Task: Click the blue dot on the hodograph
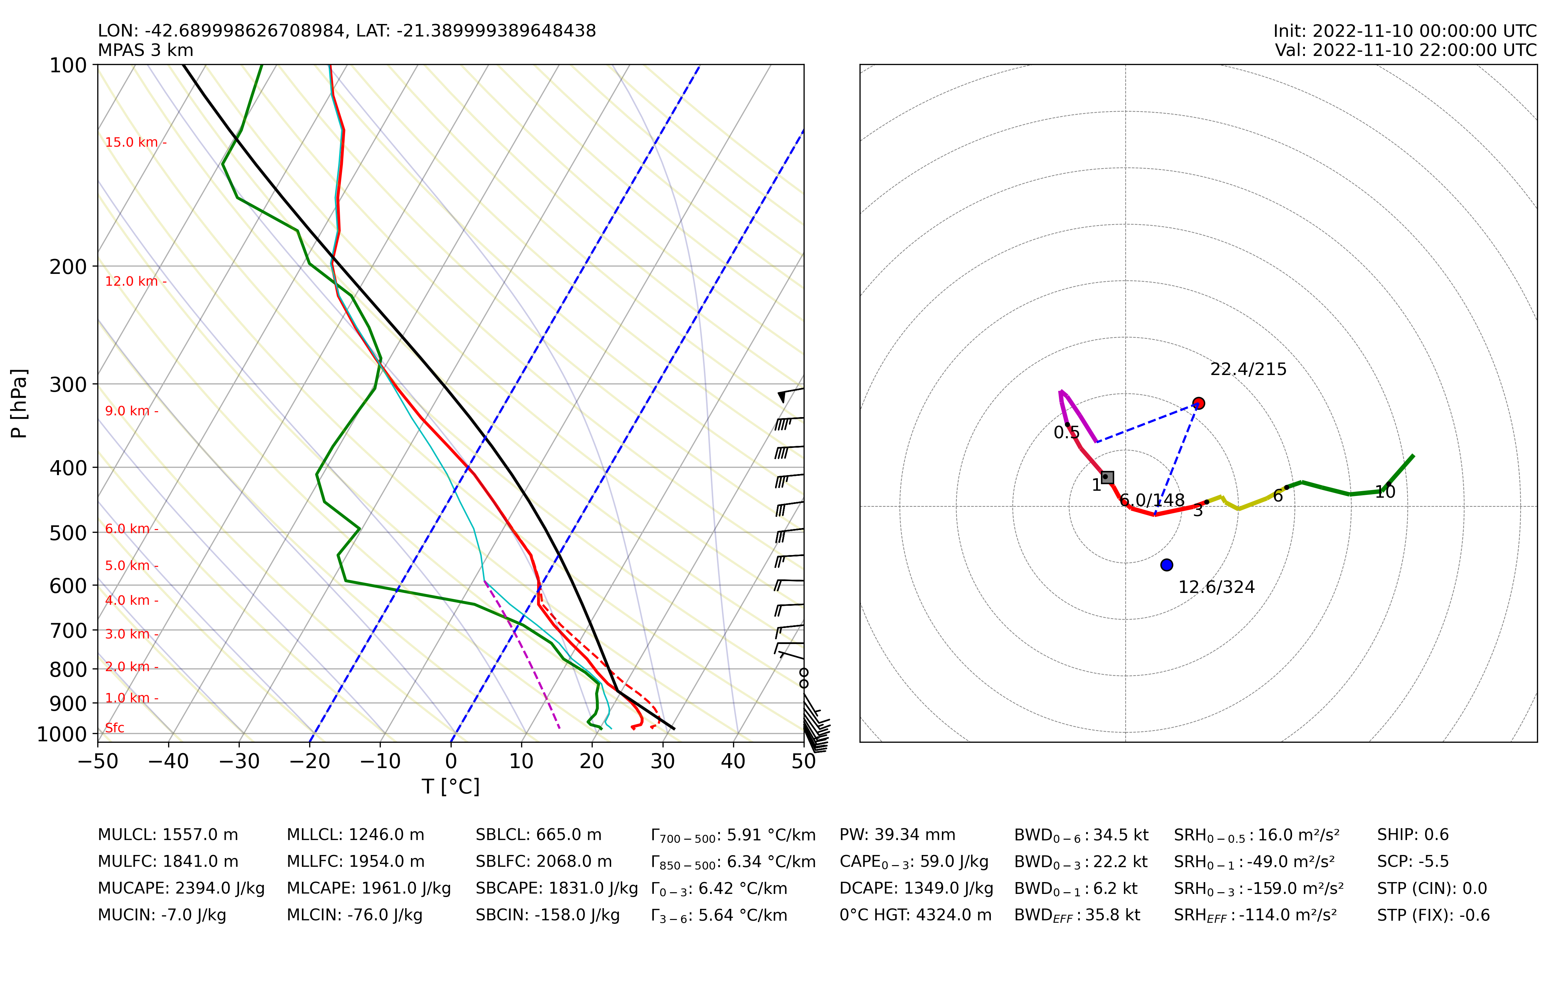click(x=1167, y=565)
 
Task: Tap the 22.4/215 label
click(x=1248, y=369)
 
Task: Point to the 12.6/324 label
click(x=1216, y=587)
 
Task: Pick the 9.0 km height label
click(x=128, y=411)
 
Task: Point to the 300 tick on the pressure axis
click(x=68, y=384)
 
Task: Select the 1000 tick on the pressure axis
click(x=62, y=734)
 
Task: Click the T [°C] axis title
click(x=451, y=787)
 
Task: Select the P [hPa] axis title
click(x=19, y=404)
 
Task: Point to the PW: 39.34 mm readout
click(x=897, y=835)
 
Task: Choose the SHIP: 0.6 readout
click(x=1412, y=835)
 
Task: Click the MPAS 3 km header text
click(x=146, y=50)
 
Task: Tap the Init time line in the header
click(x=1405, y=31)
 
